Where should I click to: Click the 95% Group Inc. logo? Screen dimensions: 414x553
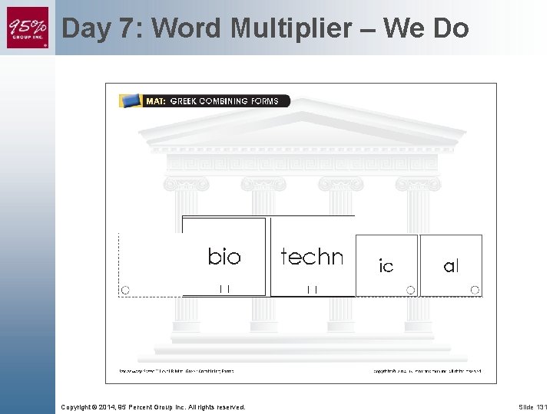click(x=28, y=28)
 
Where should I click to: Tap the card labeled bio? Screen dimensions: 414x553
click(x=224, y=256)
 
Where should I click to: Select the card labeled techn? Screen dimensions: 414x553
click(x=312, y=256)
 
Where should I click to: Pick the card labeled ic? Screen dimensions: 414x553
click(x=386, y=265)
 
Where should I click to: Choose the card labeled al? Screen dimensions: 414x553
click(x=451, y=265)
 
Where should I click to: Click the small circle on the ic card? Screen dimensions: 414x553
click(x=410, y=290)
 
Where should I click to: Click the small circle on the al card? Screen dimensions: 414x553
click(x=475, y=290)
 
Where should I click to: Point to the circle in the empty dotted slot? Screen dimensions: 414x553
click(x=125, y=290)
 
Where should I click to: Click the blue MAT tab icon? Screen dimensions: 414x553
click(x=131, y=100)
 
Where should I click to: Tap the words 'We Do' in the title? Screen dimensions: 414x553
click(x=426, y=28)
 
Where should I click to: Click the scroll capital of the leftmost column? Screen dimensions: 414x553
click(x=186, y=184)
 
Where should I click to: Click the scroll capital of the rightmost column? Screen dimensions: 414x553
click(x=418, y=184)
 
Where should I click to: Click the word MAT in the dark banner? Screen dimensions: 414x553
click(x=155, y=100)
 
